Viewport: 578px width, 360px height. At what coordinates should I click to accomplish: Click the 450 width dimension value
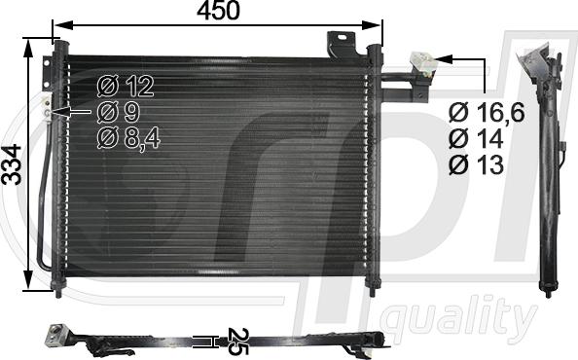[218, 11]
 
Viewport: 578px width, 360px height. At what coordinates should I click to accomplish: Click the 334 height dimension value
[12, 164]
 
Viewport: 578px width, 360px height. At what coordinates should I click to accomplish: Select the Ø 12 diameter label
[126, 87]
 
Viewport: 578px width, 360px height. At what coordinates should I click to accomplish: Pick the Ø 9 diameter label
[119, 113]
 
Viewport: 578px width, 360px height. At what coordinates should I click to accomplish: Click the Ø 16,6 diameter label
[487, 113]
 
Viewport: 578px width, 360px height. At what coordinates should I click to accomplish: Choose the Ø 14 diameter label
[476, 138]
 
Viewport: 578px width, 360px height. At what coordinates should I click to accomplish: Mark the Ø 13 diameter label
[476, 164]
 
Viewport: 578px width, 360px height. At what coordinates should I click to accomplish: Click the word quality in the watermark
[458, 318]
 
